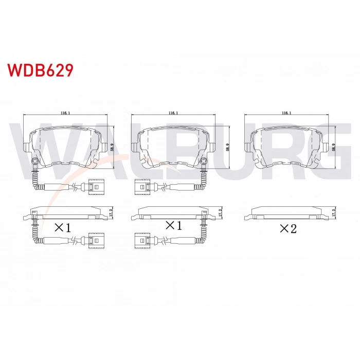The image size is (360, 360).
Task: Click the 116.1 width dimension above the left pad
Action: (x=65, y=112)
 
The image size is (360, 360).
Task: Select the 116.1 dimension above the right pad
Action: (x=286, y=112)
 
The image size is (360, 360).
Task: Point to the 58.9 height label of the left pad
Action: (x=113, y=146)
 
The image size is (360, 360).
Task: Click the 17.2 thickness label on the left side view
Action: (x=112, y=211)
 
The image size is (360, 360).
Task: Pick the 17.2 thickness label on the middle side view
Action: (x=220, y=211)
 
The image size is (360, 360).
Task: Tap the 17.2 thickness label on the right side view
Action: (x=334, y=211)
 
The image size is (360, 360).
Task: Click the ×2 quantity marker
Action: (x=289, y=228)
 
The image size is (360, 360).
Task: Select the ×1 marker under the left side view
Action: (x=63, y=227)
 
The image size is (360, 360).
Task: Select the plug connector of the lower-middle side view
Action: (x=140, y=239)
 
